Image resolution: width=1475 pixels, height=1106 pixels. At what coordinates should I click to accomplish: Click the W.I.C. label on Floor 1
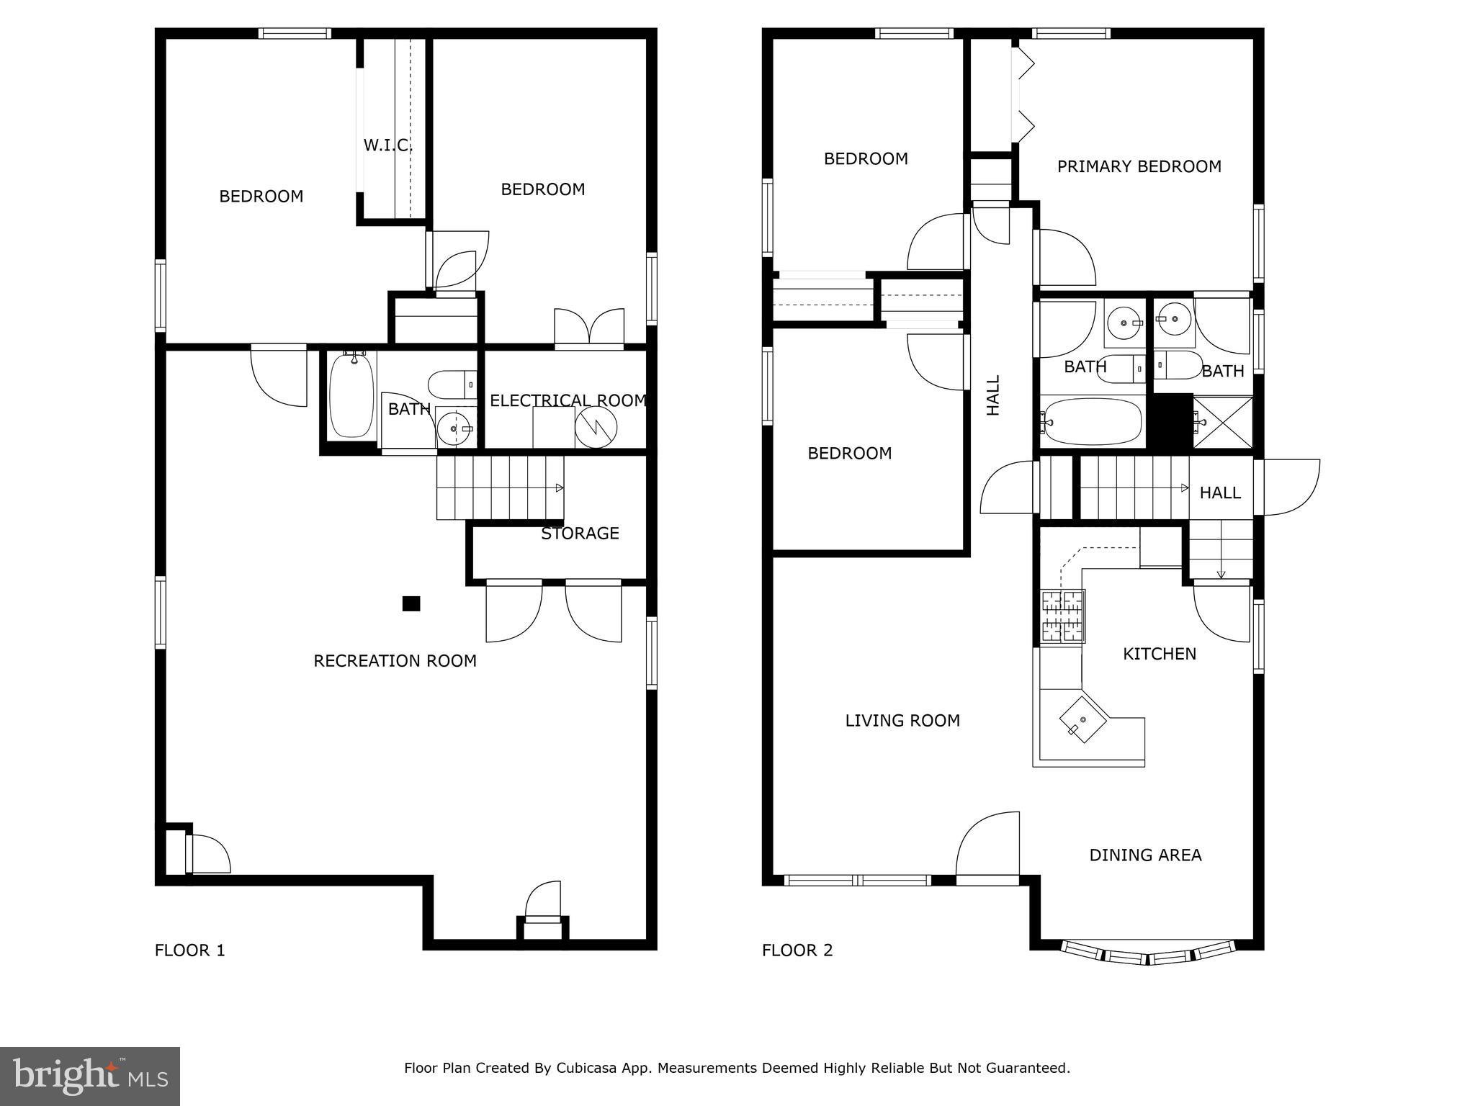pyautogui.click(x=387, y=145)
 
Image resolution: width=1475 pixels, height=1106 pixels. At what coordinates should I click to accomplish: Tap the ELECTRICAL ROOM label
pyautogui.click(x=568, y=400)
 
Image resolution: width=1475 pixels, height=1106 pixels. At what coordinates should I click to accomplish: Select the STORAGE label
pyautogui.click(x=580, y=533)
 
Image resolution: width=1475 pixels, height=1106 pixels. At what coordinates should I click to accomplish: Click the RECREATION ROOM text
pyautogui.click(x=395, y=661)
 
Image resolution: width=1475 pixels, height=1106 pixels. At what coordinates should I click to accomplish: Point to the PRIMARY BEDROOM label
pyautogui.click(x=1139, y=166)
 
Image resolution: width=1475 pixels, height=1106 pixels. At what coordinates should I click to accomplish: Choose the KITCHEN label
pyautogui.click(x=1160, y=654)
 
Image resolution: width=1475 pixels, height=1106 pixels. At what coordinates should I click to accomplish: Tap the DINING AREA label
pyautogui.click(x=1145, y=855)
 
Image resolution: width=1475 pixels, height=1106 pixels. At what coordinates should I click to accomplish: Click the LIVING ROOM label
pyautogui.click(x=902, y=721)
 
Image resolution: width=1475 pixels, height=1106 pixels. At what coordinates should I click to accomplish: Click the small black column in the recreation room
pyautogui.click(x=411, y=603)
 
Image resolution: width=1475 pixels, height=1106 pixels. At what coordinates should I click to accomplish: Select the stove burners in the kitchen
pyautogui.click(x=1062, y=616)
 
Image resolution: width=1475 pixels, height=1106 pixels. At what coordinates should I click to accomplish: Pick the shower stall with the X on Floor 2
pyautogui.click(x=1223, y=422)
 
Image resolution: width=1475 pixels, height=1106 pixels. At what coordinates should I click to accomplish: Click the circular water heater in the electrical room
pyautogui.click(x=596, y=428)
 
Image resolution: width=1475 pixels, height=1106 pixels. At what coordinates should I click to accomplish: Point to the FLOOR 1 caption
pyautogui.click(x=189, y=950)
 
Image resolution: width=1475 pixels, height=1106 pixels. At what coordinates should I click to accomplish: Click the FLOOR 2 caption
pyautogui.click(x=797, y=950)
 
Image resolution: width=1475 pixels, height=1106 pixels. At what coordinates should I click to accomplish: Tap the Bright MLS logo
pyautogui.click(x=90, y=1076)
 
